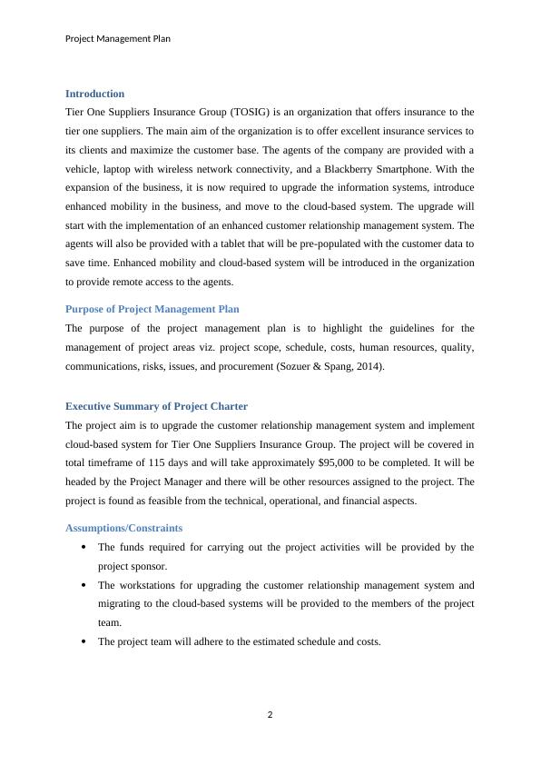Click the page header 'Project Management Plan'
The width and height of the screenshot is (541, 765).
coord(118,39)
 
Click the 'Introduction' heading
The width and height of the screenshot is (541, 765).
coord(94,94)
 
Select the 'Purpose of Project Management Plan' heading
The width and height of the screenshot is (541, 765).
coord(152,309)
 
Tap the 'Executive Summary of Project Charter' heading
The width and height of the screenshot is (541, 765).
coord(156,406)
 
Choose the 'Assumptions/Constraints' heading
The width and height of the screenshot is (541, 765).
coord(123,528)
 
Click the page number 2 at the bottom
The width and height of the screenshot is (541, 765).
coord(270,714)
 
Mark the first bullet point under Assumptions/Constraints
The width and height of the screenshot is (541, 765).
coord(84,547)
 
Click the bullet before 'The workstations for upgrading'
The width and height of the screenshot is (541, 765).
coord(84,585)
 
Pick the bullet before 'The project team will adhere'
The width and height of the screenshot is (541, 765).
coord(84,641)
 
